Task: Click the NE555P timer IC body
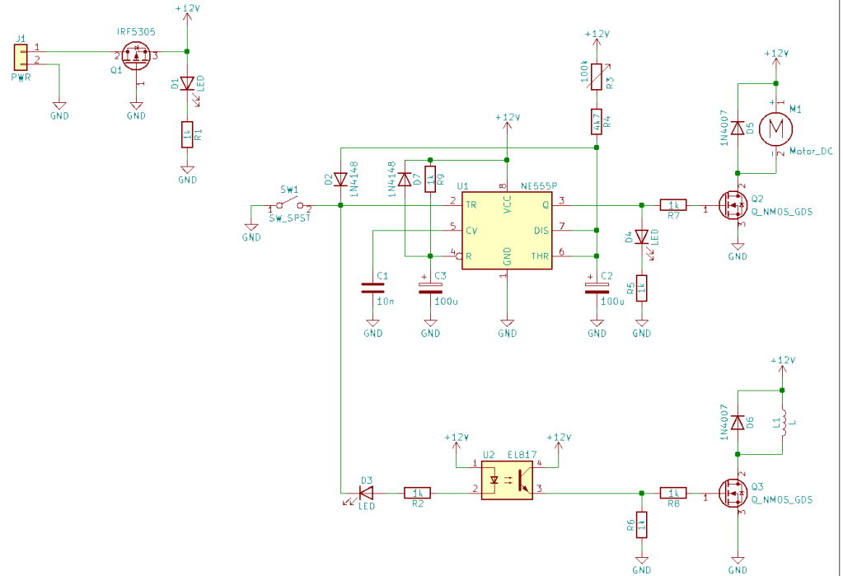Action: [x=507, y=230]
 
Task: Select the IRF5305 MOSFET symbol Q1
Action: [x=136, y=56]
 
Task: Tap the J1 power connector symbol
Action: [x=21, y=58]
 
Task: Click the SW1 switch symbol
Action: [x=290, y=204]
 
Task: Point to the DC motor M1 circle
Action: [x=775, y=129]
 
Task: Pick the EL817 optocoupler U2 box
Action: [x=507, y=480]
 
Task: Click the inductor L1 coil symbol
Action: [x=784, y=423]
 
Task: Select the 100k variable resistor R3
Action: [x=597, y=77]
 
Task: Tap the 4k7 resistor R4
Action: [x=597, y=121]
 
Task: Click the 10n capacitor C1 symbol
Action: [x=372, y=288]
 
